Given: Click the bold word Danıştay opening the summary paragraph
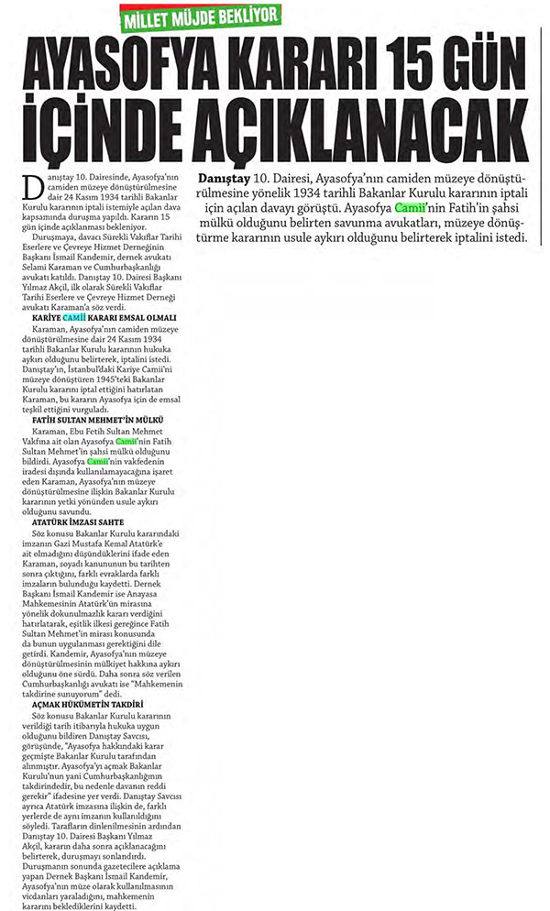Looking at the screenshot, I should [x=221, y=177].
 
